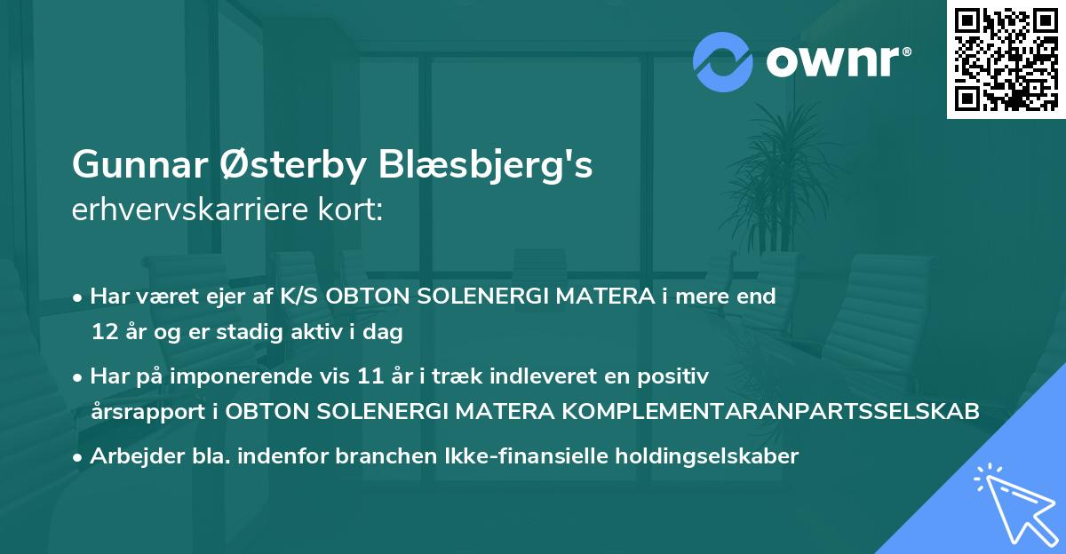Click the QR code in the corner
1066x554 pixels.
coord(1006,59)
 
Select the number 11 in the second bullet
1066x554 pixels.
coord(362,376)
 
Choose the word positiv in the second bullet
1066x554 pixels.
coord(677,377)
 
